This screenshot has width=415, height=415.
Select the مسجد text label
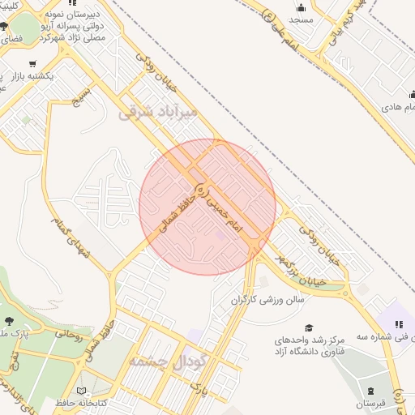click(301, 19)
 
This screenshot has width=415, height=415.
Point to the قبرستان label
click(371, 403)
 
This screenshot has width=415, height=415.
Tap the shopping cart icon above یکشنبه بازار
click(32, 64)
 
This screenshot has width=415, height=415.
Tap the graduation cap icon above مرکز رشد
click(289, 327)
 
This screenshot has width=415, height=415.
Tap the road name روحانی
click(70, 332)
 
